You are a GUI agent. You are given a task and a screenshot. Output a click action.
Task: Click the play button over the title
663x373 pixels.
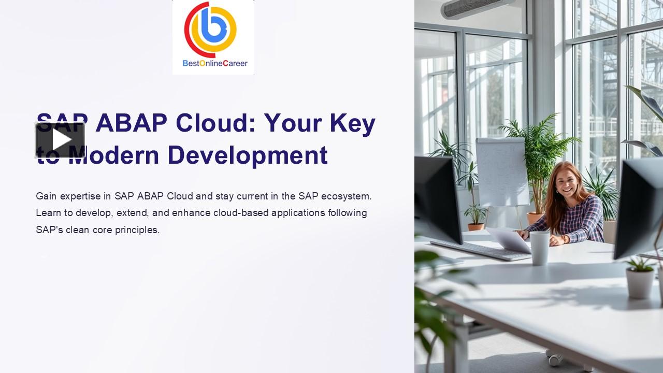(x=60, y=140)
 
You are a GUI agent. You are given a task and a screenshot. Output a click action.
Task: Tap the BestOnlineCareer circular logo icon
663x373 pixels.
(x=211, y=30)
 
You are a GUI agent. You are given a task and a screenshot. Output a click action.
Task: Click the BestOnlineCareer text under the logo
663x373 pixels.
(x=215, y=63)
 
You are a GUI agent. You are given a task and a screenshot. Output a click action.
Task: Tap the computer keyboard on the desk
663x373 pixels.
(x=479, y=250)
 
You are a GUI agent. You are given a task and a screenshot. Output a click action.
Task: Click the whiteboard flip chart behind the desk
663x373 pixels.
(x=501, y=171)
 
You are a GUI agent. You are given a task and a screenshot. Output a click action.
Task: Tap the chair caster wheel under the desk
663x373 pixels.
(x=555, y=358)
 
